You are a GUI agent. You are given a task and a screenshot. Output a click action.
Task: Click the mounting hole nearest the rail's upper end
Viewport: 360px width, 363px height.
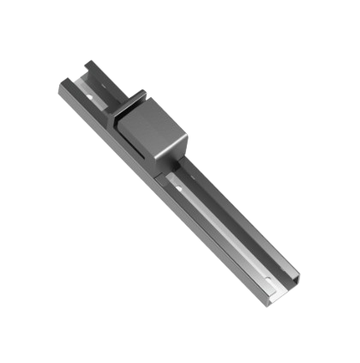(97, 83)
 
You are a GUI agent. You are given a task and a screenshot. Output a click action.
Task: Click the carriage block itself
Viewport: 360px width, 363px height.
(155, 133)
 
